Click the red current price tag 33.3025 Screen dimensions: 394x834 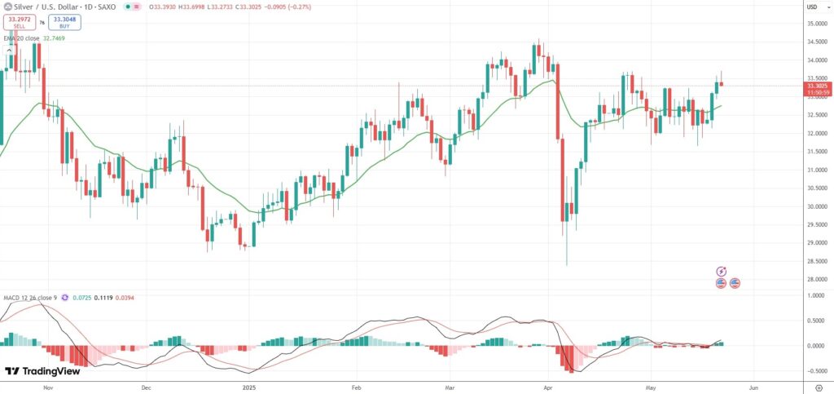coord(816,85)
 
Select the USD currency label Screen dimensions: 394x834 coord(811,7)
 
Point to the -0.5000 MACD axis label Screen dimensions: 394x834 coord(814,370)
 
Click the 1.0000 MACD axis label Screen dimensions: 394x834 coord(814,296)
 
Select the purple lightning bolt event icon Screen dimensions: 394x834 coord(721,271)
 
